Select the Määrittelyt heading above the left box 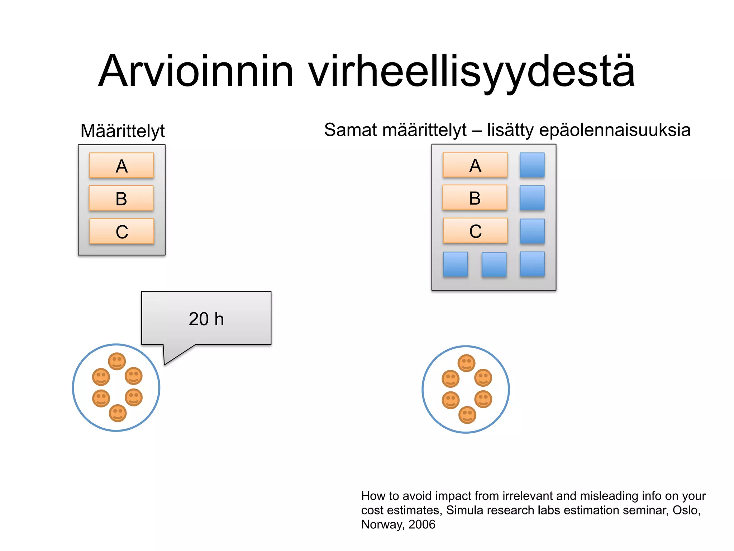(123, 131)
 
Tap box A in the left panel (121, 166)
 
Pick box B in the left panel (121, 198)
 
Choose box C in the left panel (122, 231)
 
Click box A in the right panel (475, 165)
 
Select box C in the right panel (475, 231)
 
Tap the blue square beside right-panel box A (532, 165)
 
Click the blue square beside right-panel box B (532, 198)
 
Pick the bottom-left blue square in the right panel (455, 264)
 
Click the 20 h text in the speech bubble (206, 319)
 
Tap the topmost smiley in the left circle (117, 361)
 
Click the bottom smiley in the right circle (467, 415)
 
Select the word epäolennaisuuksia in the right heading (615, 130)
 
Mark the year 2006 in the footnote (422, 524)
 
